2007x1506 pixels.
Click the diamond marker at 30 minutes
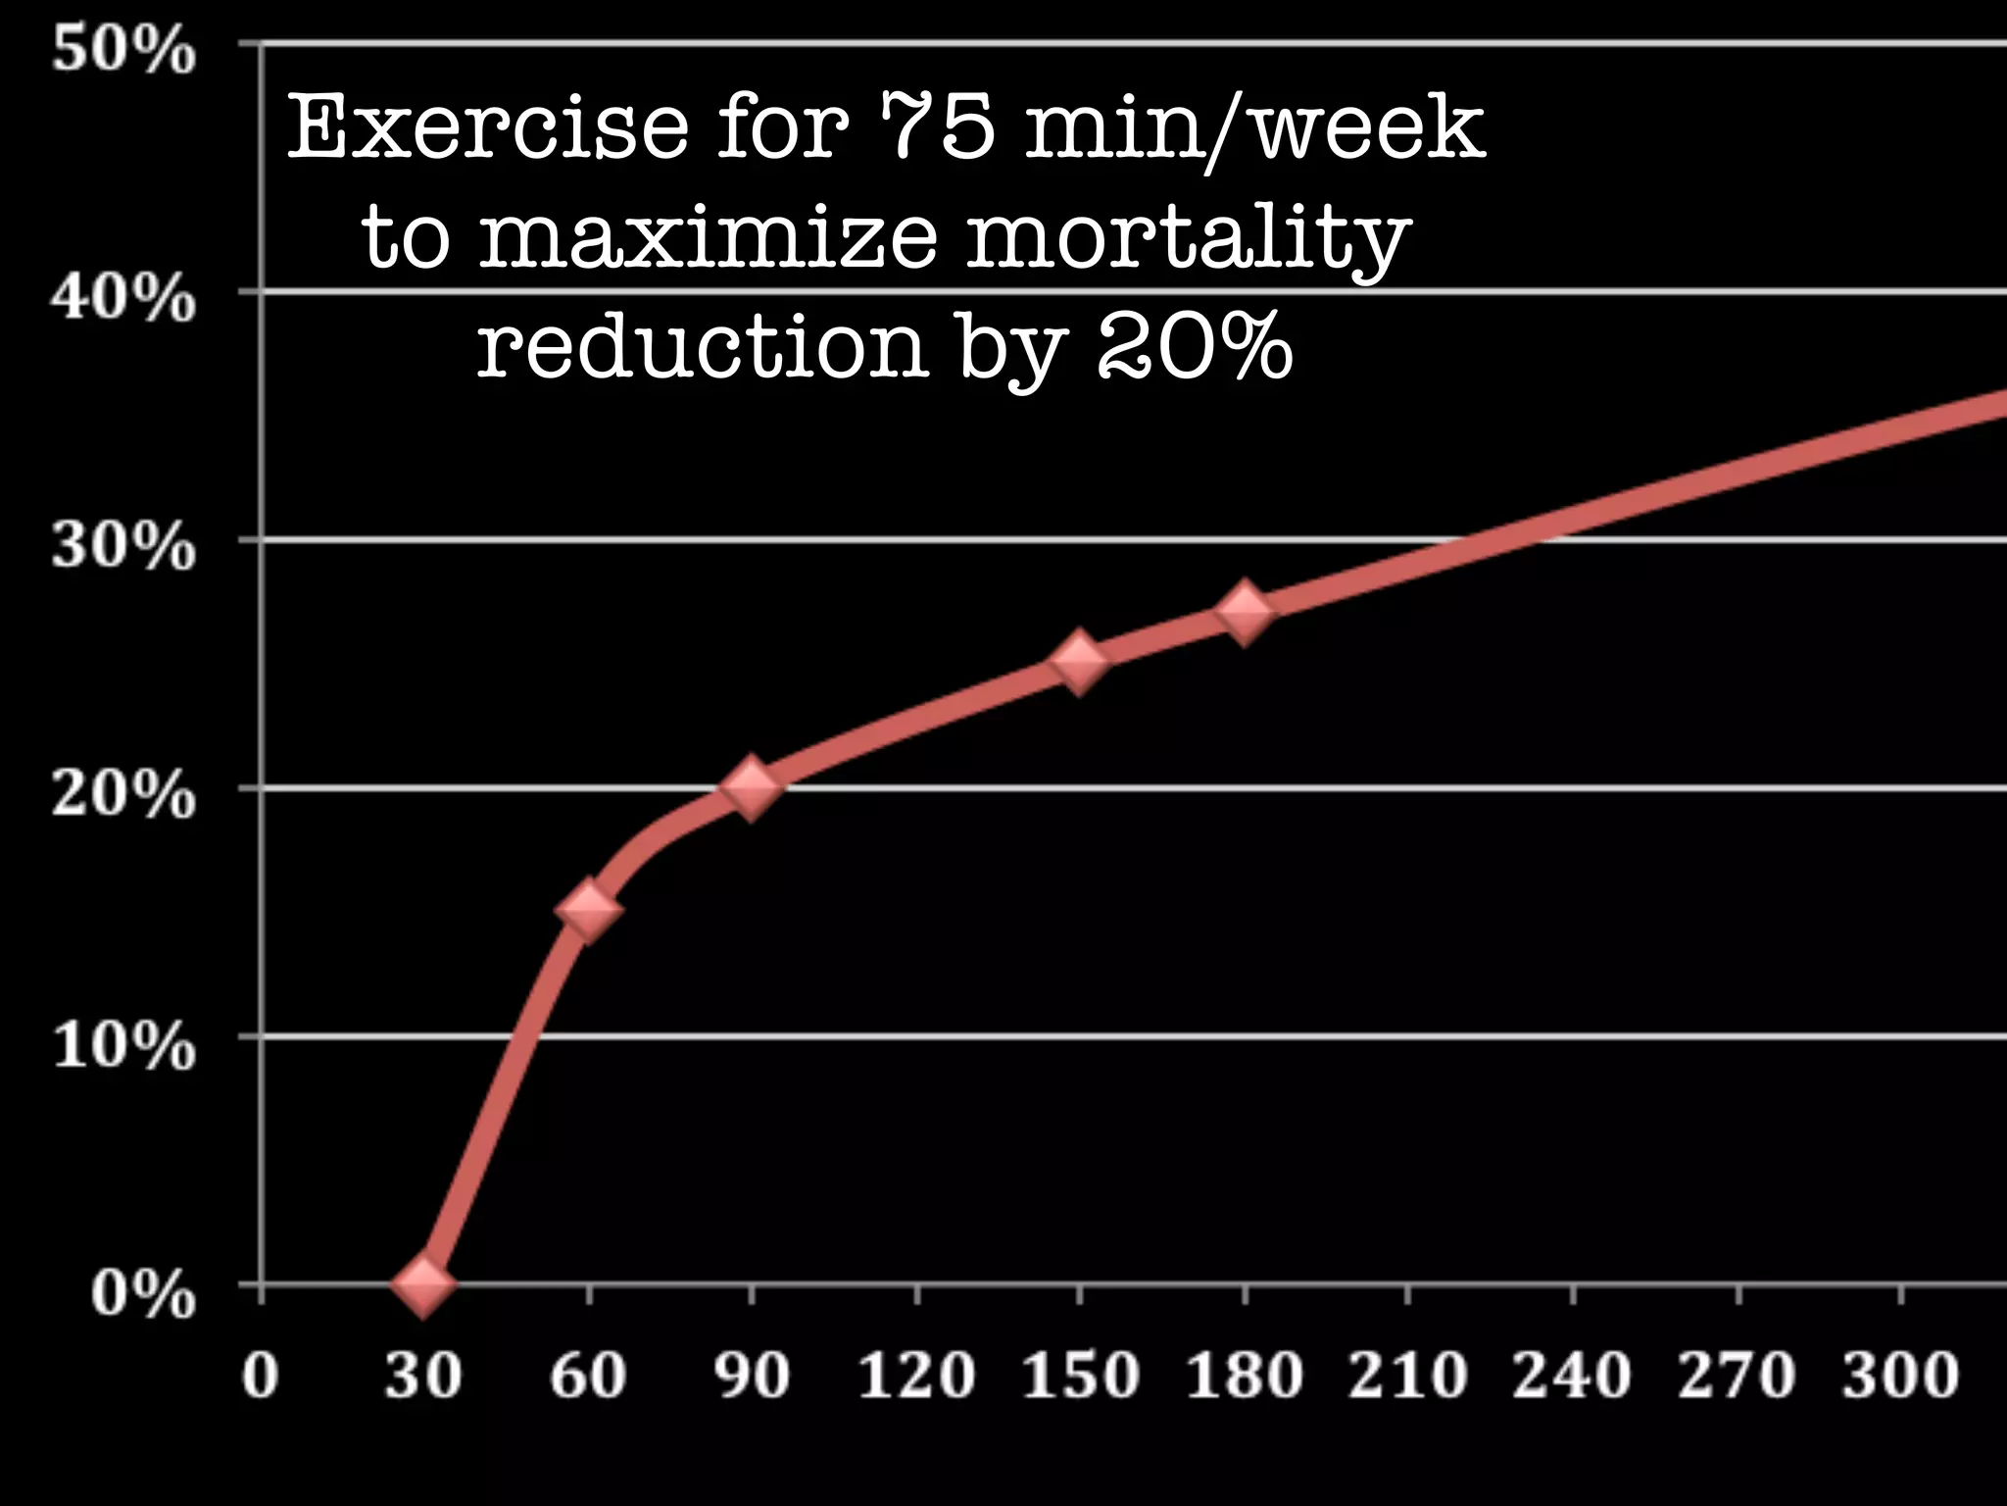click(x=422, y=1283)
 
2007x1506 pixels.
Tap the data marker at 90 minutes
click(x=752, y=787)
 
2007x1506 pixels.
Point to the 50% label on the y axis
click(x=123, y=51)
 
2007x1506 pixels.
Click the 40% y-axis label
click(x=123, y=298)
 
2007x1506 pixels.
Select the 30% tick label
click(x=123, y=546)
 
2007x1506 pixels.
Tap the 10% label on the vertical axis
click(x=123, y=1045)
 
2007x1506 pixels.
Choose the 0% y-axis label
click(x=143, y=1293)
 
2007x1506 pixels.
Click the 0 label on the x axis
click(x=260, y=1375)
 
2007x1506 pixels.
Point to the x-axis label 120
click(x=916, y=1375)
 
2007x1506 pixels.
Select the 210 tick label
click(x=1408, y=1375)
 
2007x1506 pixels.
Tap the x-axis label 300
click(x=1900, y=1375)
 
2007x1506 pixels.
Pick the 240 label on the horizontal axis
click(x=1572, y=1375)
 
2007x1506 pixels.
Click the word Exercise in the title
click(x=487, y=128)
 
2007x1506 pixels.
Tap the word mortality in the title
click(x=1188, y=240)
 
